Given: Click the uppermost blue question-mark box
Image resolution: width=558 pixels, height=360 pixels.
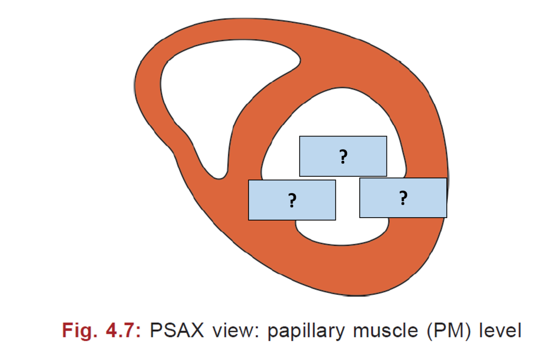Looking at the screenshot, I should coord(343,156).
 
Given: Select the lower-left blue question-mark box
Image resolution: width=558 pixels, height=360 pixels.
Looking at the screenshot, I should coord(292,200).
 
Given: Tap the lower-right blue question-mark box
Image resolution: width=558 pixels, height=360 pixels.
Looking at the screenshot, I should coord(403,198).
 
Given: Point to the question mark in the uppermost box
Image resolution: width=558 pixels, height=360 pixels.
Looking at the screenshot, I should coord(343,157).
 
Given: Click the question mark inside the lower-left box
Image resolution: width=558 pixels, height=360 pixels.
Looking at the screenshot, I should coord(292,201).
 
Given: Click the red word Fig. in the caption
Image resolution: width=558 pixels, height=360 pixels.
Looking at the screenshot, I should coord(78,331).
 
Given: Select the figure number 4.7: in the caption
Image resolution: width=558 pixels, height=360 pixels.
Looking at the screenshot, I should coord(121,331).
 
